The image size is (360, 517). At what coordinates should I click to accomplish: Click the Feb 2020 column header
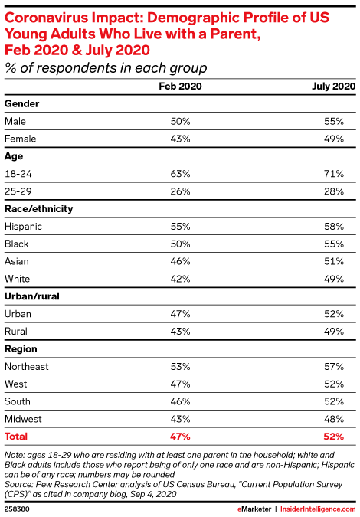pos(180,87)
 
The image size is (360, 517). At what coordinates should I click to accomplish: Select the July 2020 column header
pos(334,87)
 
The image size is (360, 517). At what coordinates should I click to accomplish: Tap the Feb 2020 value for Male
pos(180,121)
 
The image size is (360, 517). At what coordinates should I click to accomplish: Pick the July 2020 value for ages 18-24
pos(334,174)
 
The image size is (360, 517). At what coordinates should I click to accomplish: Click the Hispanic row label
pos(23,227)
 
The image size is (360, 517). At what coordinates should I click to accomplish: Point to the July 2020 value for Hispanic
pos(334,227)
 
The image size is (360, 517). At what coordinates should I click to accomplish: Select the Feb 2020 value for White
pos(180,279)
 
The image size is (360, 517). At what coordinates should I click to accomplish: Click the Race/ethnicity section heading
pos(38,208)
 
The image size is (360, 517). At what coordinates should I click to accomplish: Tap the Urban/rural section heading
pos(32,296)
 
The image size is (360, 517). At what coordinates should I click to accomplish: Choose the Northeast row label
pos(26,367)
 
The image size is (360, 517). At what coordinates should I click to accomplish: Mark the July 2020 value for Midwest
pos(334,419)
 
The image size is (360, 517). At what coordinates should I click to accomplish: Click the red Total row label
pos(16,437)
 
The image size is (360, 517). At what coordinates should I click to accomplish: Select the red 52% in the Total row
pos(334,437)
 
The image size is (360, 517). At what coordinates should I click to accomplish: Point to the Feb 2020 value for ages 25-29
pos(180,191)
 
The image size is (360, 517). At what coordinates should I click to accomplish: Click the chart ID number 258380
pos(17,509)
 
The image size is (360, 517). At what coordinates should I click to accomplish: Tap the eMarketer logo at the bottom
pos(254,509)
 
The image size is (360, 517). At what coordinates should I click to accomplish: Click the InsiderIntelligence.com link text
pos(318,509)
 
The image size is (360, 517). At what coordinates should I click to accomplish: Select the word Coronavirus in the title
pos(47,18)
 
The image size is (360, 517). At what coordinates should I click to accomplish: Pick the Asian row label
pos(17,261)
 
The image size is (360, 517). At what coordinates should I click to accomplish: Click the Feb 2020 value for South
pos(180,401)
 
